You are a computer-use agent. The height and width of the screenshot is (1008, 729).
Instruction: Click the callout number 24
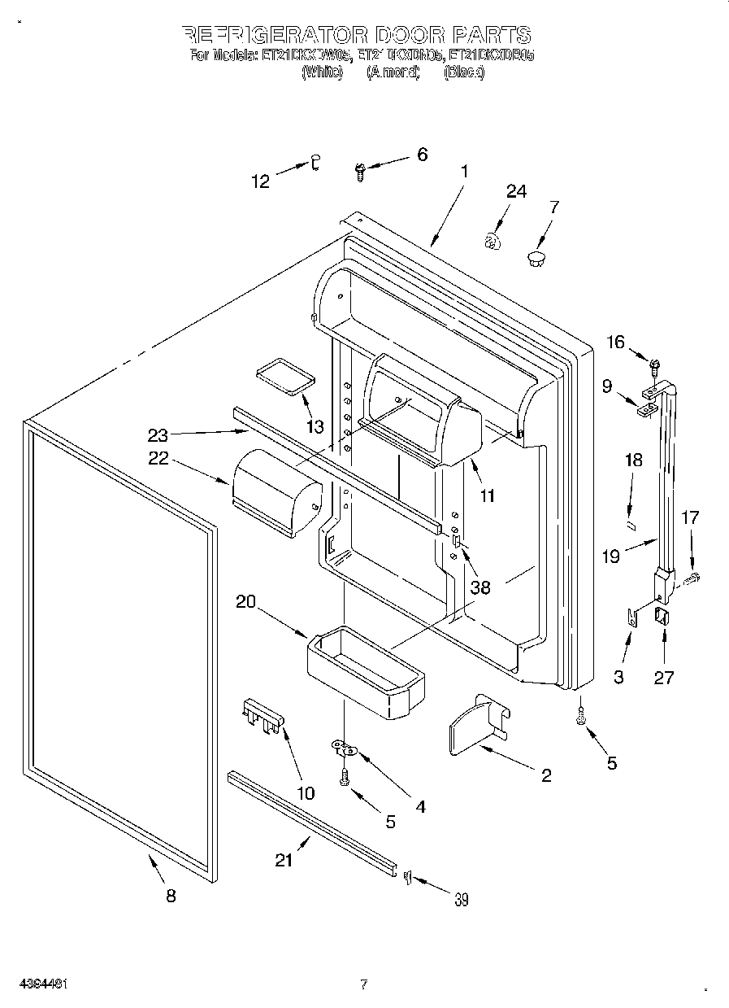[516, 191]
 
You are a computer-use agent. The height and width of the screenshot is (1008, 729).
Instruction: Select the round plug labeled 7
[536, 259]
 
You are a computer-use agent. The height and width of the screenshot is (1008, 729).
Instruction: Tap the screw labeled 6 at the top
[360, 169]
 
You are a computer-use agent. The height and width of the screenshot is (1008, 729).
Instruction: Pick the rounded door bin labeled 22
[275, 492]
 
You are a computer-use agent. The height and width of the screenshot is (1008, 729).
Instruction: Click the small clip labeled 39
[407, 876]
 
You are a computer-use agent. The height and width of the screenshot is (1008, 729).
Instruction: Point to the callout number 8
[171, 896]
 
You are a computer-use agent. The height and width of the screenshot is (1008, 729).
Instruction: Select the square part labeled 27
[662, 618]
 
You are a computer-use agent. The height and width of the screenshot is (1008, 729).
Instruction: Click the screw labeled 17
[692, 578]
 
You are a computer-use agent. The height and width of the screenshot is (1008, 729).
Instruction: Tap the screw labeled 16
[653, 358]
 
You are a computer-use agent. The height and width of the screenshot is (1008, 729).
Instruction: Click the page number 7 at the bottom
[364, 984]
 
